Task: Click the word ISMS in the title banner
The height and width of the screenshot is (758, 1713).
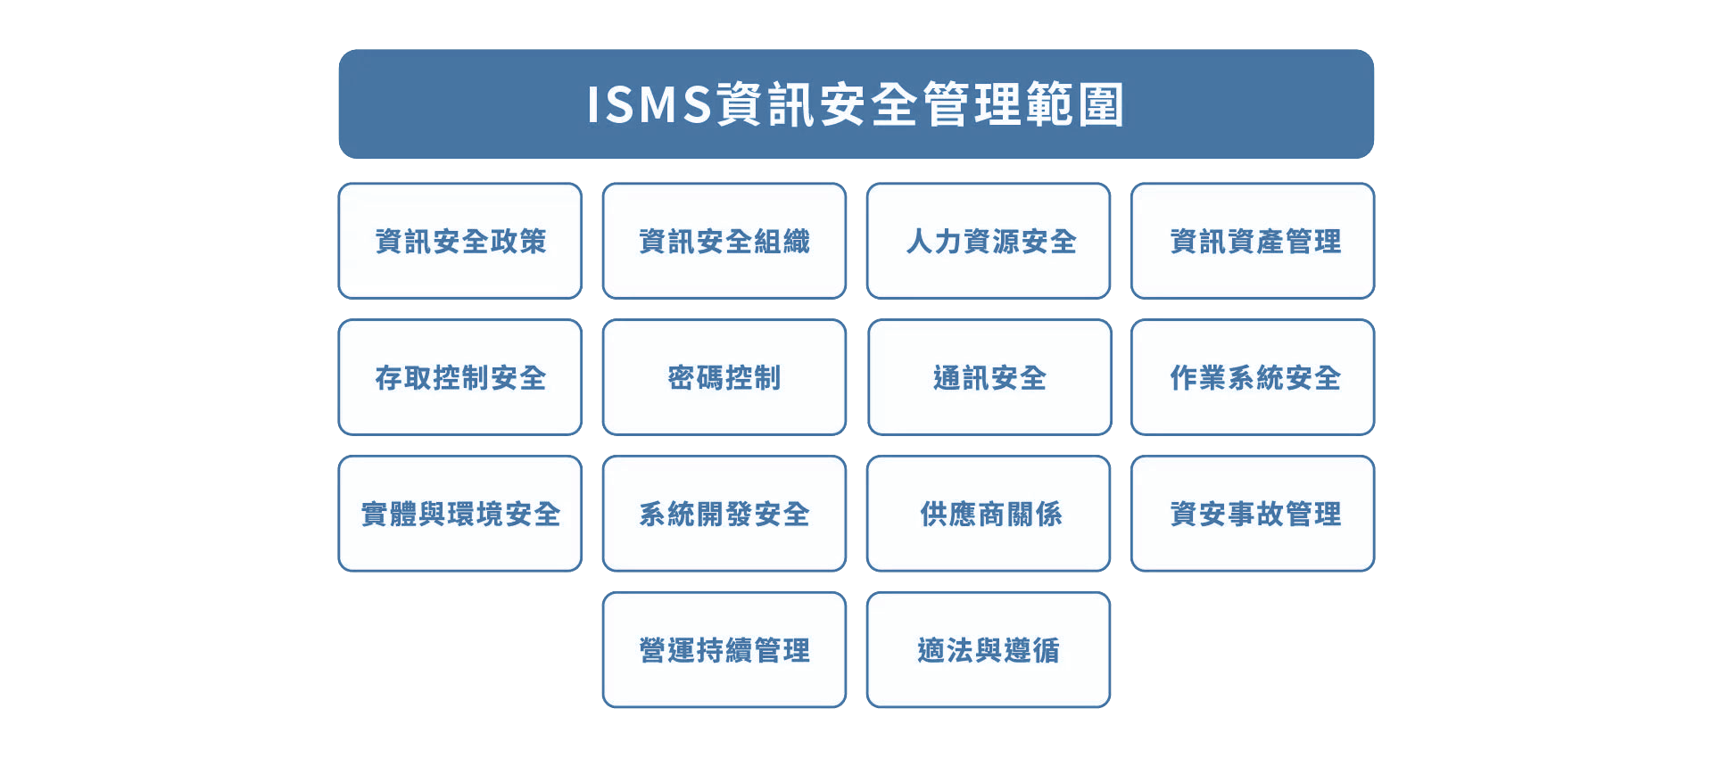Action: click(650, 104)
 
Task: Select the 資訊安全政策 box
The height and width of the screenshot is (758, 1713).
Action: click(460, 241)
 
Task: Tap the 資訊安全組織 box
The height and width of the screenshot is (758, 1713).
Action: click(724, 241)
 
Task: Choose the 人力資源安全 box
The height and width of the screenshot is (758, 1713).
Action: click(989, 241)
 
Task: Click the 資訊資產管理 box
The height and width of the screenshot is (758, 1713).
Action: click(1253, 241)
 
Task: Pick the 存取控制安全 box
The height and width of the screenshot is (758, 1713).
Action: click(460, 377)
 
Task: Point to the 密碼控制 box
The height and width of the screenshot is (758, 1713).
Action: click(724, 377)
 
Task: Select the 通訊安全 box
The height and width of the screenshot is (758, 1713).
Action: click(989, 377)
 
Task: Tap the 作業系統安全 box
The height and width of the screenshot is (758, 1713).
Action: click(1253, 377)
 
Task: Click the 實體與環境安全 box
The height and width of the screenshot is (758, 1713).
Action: click(460, 514)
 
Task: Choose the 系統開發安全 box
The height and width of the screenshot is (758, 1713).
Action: click(724, 514)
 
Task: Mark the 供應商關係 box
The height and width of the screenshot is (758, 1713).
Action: click(989, 514)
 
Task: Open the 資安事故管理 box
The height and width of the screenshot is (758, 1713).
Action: click(1253, 514)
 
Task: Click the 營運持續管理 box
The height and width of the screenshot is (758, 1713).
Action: click(724, 650)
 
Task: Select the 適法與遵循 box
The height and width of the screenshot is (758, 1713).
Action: click(989, 650)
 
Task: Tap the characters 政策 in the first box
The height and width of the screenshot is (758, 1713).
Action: click(517, 241)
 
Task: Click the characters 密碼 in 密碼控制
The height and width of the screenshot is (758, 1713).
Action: click(696, 377)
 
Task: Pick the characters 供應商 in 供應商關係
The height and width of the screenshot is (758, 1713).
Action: click(962, 514)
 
